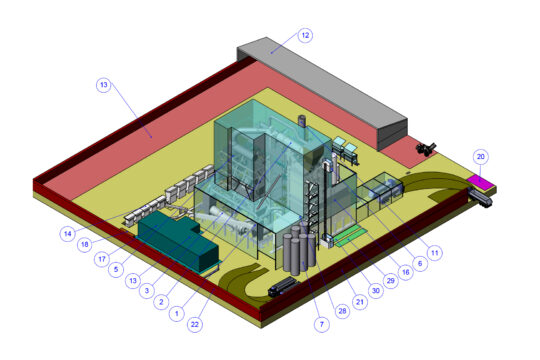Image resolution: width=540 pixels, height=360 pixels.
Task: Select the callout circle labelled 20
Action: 481,157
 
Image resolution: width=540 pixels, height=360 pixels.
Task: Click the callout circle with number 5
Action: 117,268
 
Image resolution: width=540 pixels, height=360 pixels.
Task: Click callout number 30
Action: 375,291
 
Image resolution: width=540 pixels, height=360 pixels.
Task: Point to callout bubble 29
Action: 391,281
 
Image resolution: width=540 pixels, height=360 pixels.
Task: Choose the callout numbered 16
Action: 406,270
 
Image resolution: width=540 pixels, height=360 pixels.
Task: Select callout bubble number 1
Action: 178,313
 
